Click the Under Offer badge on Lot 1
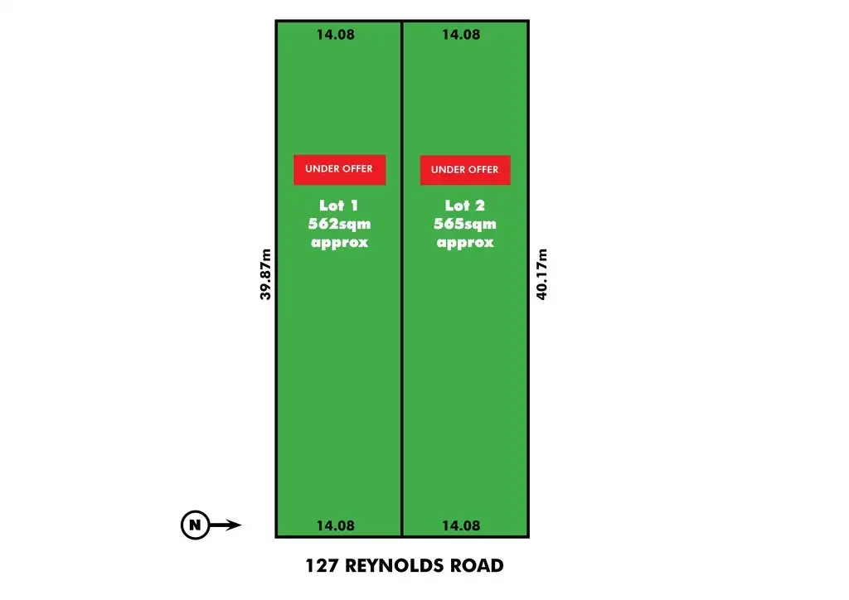coord(339,169)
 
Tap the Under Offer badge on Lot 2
coord(465,170)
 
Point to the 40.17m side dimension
coord(542,274)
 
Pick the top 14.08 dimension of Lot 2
coord(461,35)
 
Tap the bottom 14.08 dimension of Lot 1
coord(336,525)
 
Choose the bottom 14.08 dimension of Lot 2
coord(461,525)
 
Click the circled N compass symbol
coord(195,525)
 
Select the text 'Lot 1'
coord(338,206)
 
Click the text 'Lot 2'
coord(464,206)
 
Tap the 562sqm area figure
coord(339,224)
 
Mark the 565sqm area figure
coord(465,224)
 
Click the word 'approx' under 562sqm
coord(339,243)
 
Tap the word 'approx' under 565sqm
coord(465,243)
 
